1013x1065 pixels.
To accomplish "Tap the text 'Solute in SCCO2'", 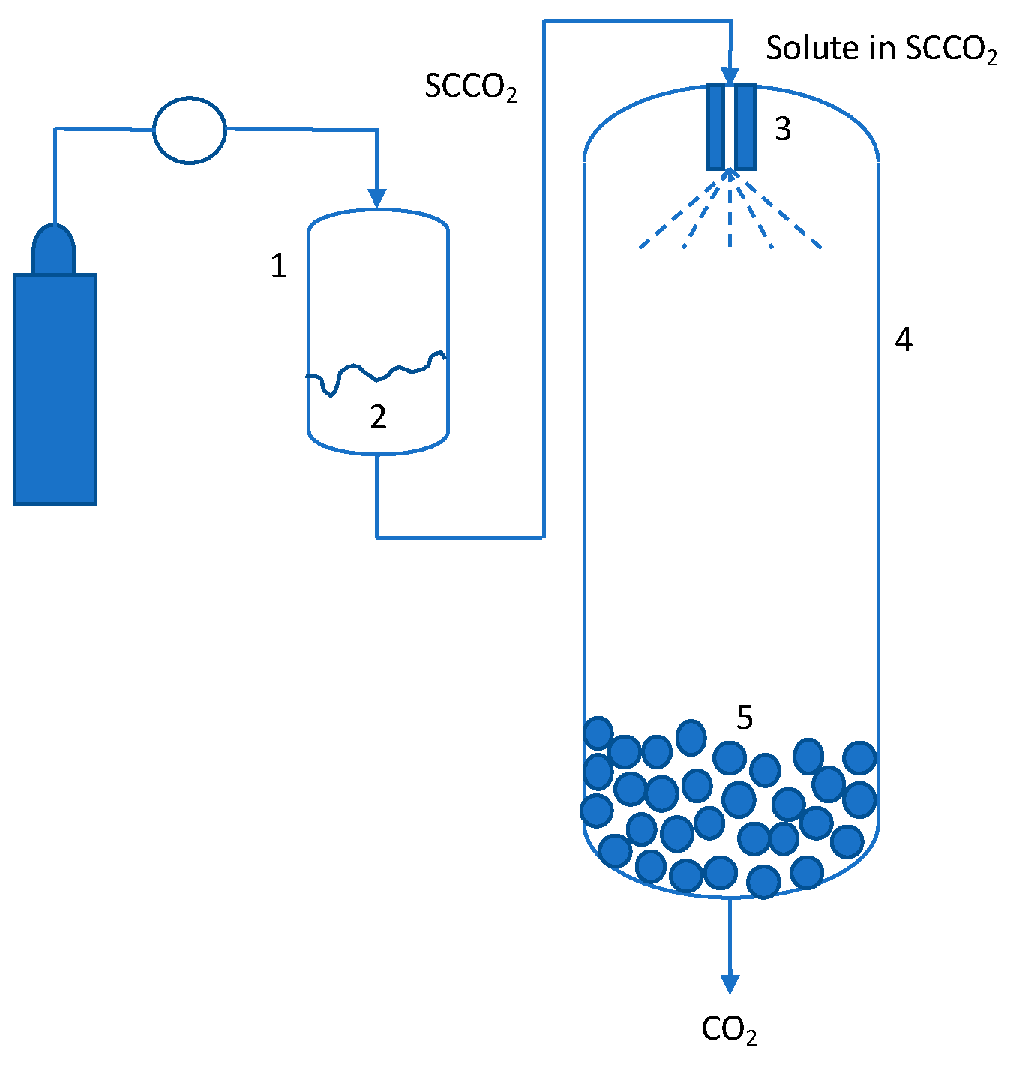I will [880, 49].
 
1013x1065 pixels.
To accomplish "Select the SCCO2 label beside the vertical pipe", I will [470, 86].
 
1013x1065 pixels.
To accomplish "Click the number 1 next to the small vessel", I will [278, 265].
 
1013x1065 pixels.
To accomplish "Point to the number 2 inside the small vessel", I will [378, 417].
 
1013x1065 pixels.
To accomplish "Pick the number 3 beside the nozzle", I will [782, 130].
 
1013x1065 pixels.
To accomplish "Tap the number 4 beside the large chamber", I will [903, 340].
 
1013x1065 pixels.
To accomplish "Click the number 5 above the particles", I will [744, 718].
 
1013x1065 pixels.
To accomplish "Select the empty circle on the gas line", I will [190, 130].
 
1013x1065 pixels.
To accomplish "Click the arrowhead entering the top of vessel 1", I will [377, 199].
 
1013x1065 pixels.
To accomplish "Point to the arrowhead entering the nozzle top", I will [730, 76].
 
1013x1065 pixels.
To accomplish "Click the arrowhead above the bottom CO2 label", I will [730, 983].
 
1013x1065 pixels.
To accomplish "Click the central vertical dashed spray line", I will [730, 217].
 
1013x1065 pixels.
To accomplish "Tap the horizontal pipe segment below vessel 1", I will [459, 537].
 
